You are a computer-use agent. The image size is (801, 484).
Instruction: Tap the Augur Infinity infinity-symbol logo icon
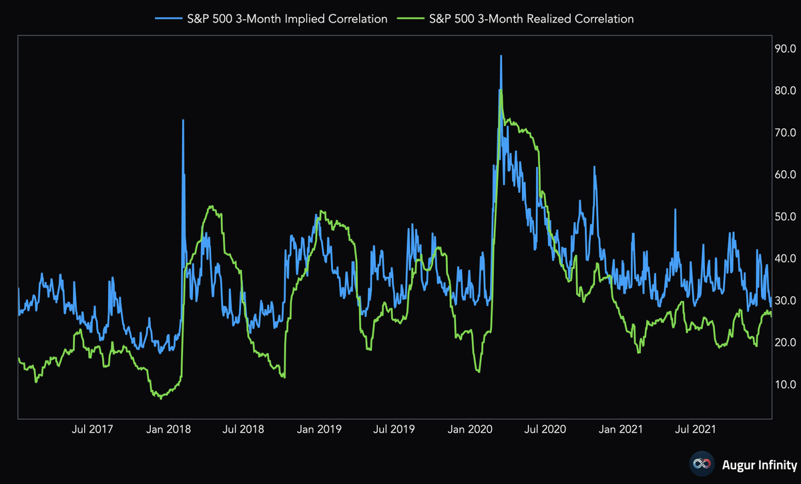[700, 464]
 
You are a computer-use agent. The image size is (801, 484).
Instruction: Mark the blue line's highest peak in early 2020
[501, 56]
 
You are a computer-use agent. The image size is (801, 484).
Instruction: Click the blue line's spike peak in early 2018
[183, 120]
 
